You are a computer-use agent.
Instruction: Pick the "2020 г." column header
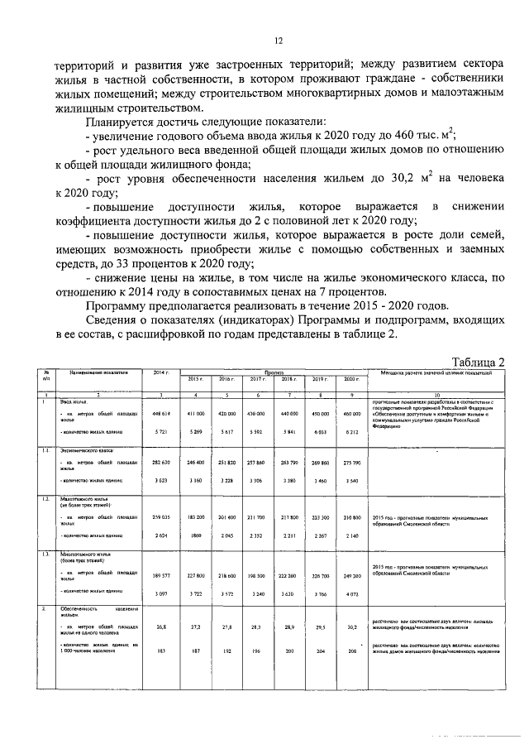351,378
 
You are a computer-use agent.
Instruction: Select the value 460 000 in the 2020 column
352,413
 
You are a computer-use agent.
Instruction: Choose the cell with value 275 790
352,461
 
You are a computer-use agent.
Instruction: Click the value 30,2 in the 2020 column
352,627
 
